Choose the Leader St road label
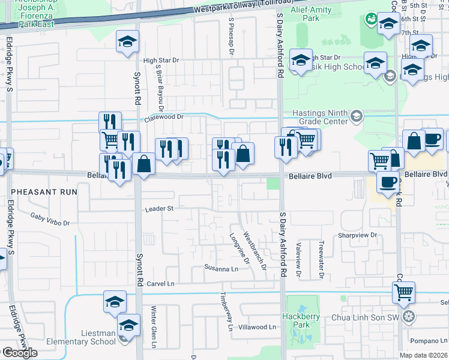[x=158, y=209]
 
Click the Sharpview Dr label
[x=357, y=235]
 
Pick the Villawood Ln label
[x=256, y=328]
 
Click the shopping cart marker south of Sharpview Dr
[x=403, y=293]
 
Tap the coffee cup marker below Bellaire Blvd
[x=388, y=181]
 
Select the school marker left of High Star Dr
[x=127, y=41]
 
